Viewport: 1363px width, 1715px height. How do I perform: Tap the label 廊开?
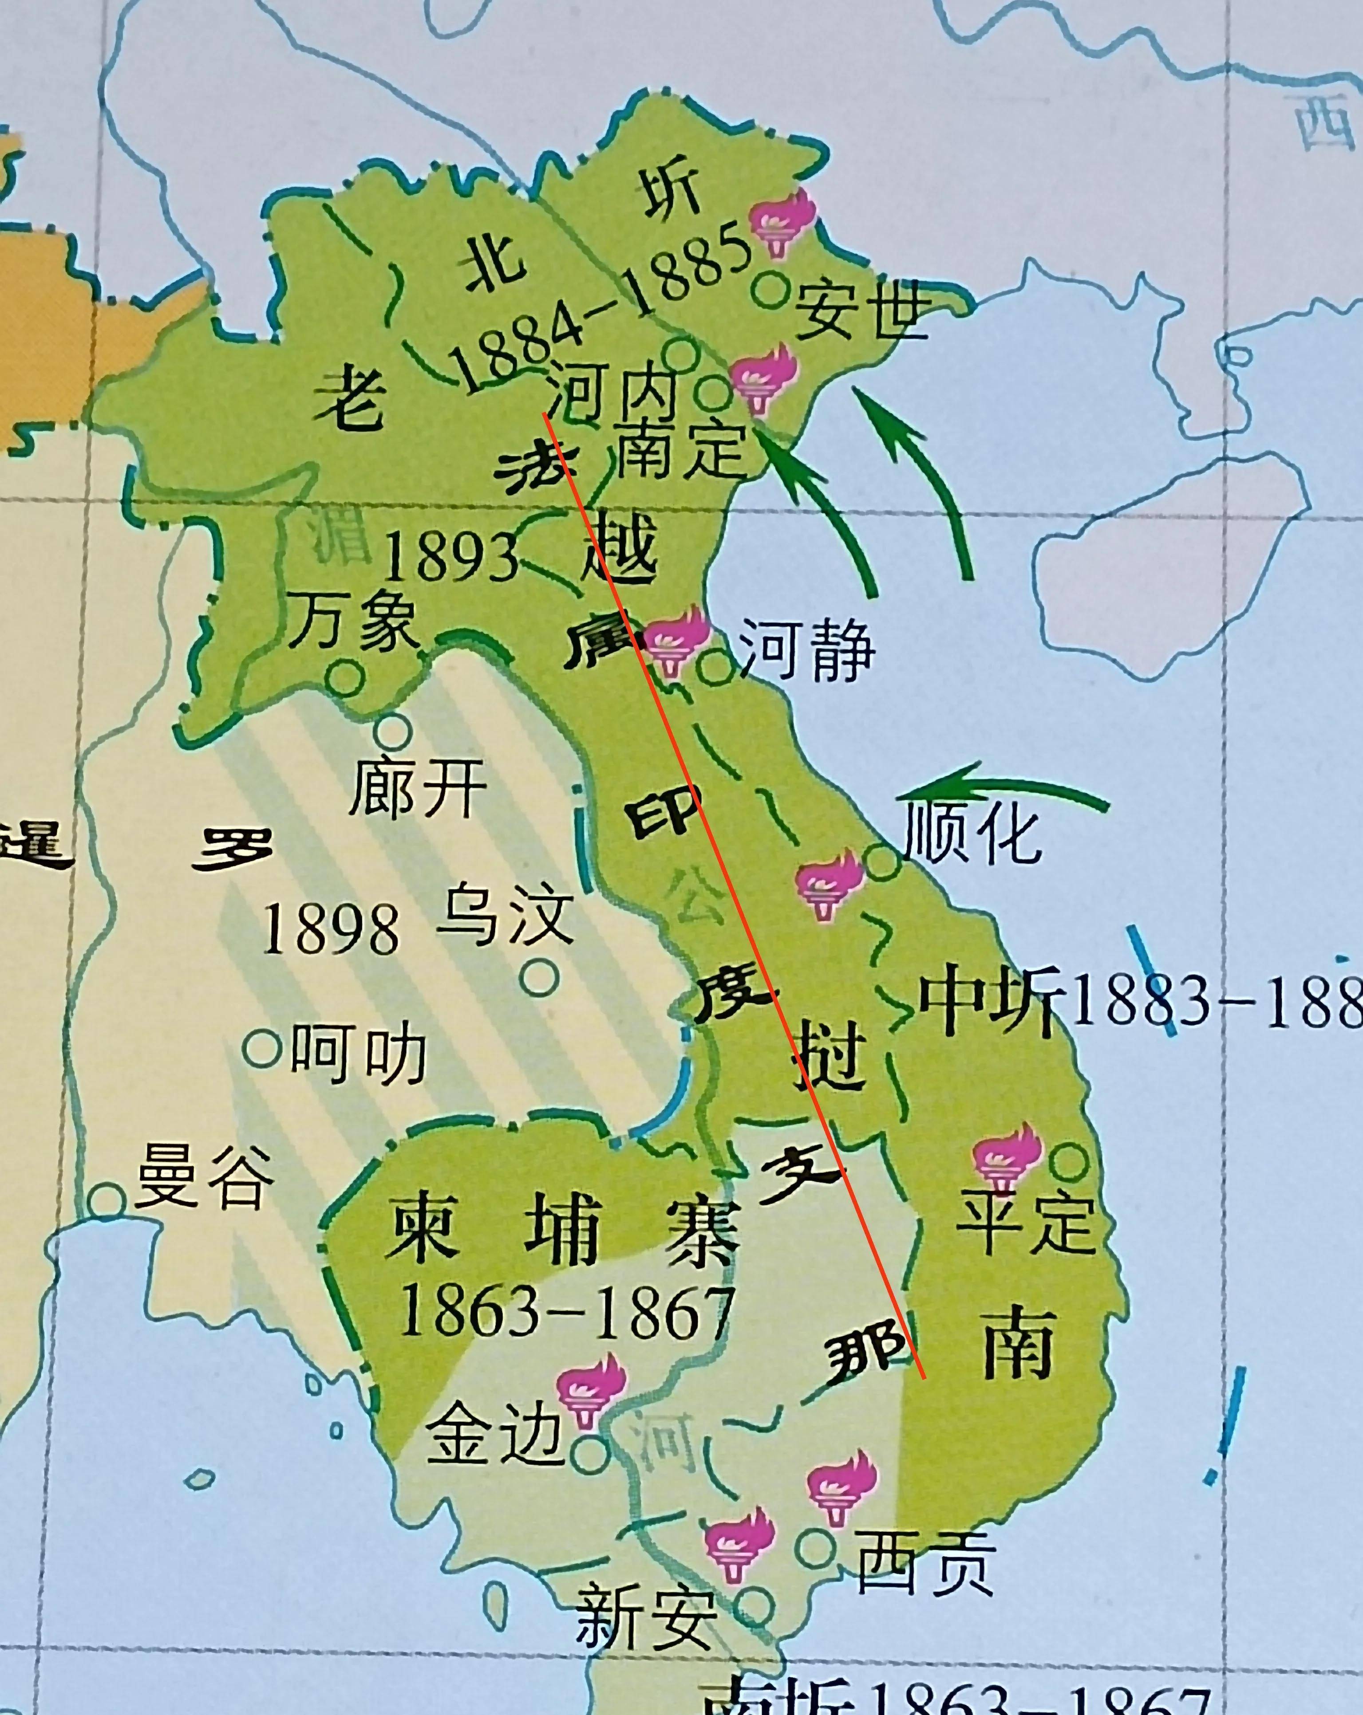tap(418, 787)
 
